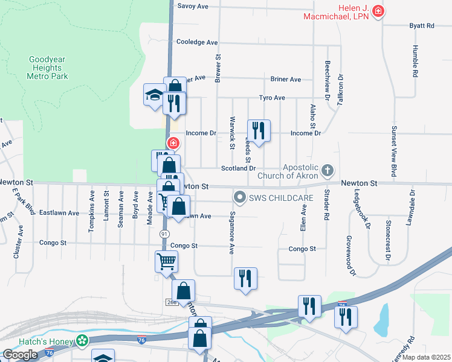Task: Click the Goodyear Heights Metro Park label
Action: (x=49, y=68)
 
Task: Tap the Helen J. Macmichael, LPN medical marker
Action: (x=378, y=11)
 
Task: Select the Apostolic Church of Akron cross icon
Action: (x=328, y=170)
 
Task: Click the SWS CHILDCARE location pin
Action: (x=240, y=197)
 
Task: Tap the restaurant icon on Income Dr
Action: (x=259, y=130)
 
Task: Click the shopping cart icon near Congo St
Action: (x=166, y=262)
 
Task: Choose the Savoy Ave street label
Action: (x=192, y=6)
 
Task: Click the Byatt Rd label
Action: (x=422, y=26)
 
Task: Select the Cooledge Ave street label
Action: (x=196, y=42)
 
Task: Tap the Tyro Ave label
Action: (x=272, y=98)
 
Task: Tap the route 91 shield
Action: (x=164, y=233)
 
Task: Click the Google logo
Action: (x=20, y=355)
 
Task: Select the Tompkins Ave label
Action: (x=92, y=206)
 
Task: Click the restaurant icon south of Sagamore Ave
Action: (x=245, y=278)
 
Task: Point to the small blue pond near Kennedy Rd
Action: (x=382, y=319)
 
